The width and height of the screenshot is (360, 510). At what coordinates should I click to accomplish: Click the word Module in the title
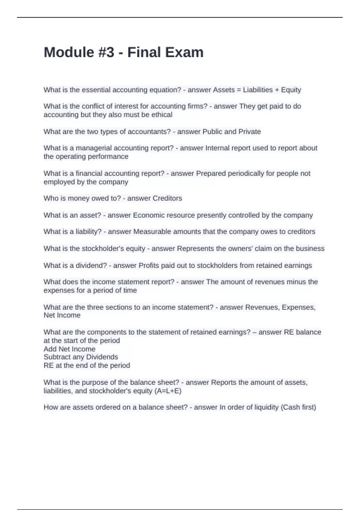click(69, 52)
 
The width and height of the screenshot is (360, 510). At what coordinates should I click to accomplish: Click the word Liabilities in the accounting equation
click(258, 90)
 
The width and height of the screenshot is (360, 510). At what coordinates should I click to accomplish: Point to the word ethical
click(162, 115)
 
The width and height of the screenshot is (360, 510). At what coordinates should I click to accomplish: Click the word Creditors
click(167, 198)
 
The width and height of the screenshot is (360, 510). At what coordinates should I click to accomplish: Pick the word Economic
click(148, 215)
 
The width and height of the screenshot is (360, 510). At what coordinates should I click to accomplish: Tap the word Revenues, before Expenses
click(262, 307)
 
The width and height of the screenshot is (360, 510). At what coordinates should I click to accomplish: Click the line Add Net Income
click(69, 349)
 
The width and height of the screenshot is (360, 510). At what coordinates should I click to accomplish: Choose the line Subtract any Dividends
click(81, 357)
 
